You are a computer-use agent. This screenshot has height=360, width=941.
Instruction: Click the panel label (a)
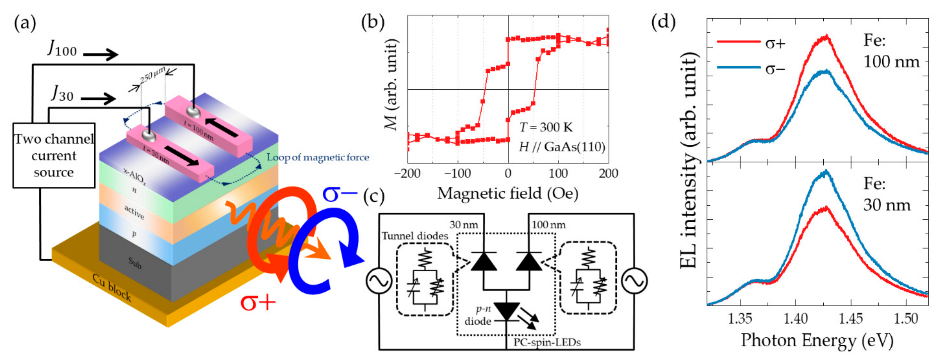(25, 23)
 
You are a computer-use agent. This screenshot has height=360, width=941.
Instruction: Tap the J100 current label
(62, 48)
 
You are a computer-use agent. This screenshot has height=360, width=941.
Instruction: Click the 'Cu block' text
(111, 287)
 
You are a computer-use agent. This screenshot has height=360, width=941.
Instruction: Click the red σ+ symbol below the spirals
(258, 302)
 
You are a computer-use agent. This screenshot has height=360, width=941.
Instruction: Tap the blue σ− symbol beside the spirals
(339, 194)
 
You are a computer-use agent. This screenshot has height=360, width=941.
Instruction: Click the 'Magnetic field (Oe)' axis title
(508, 193)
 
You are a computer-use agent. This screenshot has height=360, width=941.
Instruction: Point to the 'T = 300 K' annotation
(546, 128)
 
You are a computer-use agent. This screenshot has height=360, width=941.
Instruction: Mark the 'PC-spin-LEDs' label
(547, 342)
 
